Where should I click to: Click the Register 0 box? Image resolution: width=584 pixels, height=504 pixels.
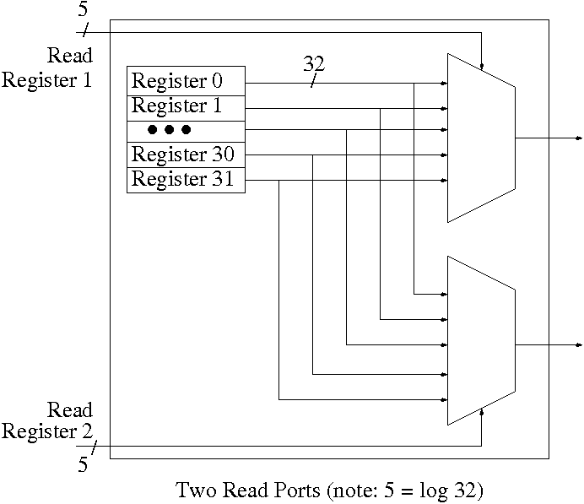(x=186, y=82)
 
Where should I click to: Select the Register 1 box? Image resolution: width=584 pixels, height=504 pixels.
(x=186, y=107)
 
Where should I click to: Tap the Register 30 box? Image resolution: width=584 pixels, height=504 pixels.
(x=186, y=156)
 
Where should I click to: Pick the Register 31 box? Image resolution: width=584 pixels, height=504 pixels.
(x=186, y=180)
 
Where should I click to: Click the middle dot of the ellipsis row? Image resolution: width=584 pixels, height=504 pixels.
(x=169, y=130)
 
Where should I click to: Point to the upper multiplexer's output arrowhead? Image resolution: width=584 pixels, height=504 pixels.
(x=578, y=138)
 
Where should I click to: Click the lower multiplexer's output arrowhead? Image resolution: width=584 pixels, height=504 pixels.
(x=578, y=344)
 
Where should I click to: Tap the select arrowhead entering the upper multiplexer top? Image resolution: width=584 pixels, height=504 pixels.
(x=481, y=66)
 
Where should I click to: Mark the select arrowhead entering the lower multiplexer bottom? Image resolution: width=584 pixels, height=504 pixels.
(x=481, y=412)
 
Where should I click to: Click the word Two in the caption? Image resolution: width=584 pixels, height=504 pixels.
(x=193, y=490)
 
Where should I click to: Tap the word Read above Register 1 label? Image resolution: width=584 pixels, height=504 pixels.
(x=70, y=57)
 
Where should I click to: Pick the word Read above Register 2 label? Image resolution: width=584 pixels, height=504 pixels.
(x=70, y=411)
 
